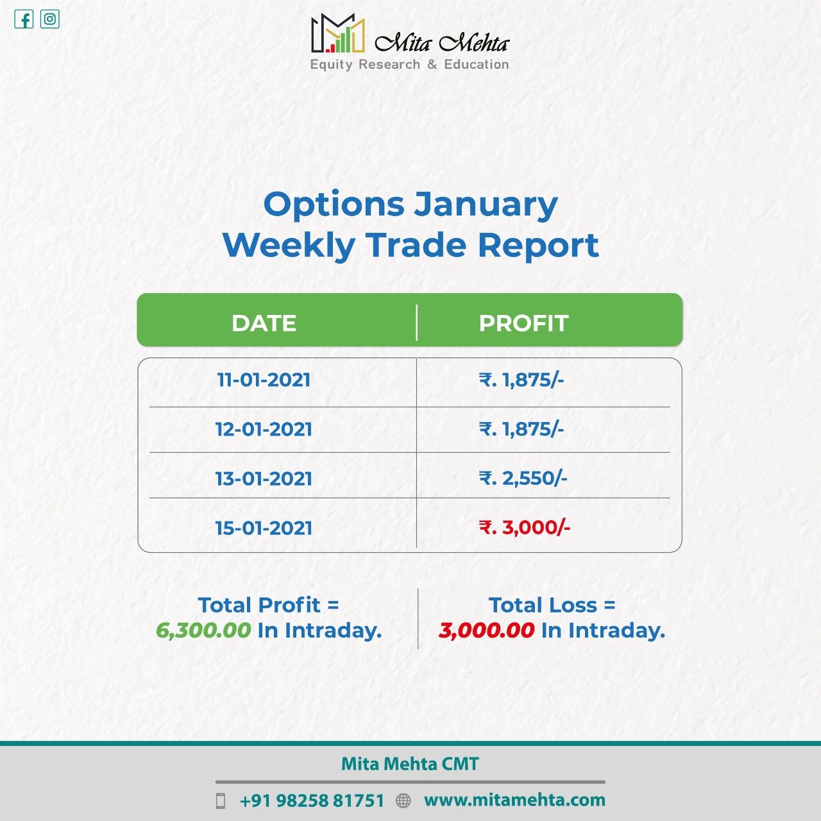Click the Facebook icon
(24, 20)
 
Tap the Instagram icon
(50, 19)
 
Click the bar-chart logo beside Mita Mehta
(338, 33)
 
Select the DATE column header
(264, 323)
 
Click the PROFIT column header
(523, 323)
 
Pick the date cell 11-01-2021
(264, 380)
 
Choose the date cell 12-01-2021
(264, 429)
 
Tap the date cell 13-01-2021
(264, 478)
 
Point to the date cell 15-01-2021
(264, 528)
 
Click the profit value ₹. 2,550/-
(523, 478)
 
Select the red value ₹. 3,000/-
(525, 527)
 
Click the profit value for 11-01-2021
(521, 380)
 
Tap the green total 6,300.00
(204, 631)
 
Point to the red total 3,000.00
(487, 631)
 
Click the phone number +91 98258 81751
(312, 800)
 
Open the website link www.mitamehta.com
(514, 800)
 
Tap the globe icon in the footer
(403, 800)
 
